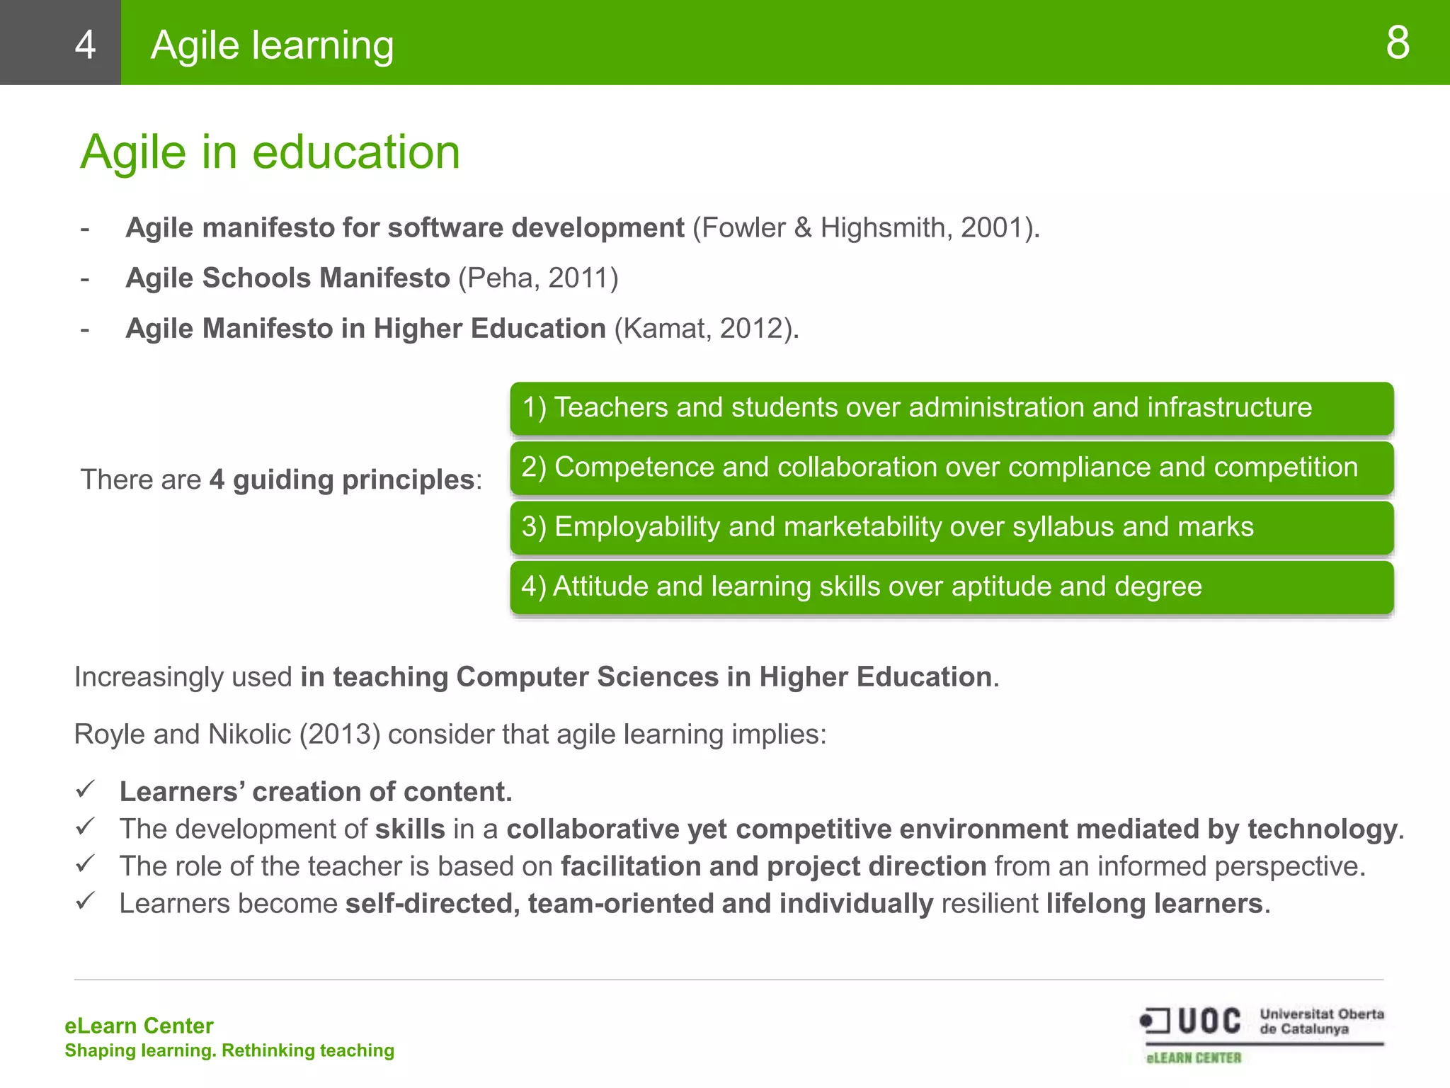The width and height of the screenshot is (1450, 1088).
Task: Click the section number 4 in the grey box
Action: click(85, 45)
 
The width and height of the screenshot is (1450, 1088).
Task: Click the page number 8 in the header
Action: click(1397, 43)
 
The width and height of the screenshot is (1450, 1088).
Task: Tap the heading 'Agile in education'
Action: click(270, 152)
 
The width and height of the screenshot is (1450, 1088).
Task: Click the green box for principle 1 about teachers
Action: click(951, 408)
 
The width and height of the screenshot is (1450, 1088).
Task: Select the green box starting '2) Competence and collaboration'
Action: click(951, 467)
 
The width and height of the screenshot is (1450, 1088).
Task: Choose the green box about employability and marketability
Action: click(951, 527)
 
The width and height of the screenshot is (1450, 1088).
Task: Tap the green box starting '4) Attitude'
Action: click(951, 586)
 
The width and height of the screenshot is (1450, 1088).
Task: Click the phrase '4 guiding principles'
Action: click(341, 480)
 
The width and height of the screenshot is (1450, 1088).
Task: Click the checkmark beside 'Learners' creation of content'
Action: click(86, 789)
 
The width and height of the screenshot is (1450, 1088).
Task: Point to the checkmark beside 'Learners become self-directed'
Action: click(86, 901)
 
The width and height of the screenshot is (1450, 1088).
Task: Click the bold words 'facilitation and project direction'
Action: click(773, 866)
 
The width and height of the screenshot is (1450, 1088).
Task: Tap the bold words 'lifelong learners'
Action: click(1154, 904)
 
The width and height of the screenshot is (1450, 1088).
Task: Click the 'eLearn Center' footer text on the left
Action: click(139, 1026)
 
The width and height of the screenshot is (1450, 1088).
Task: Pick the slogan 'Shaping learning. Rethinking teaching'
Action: click(229, 1050)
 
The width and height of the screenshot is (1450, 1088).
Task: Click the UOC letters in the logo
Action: click(1209, 1021)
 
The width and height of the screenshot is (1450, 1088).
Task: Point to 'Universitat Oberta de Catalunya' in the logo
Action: click(1321, 1021)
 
